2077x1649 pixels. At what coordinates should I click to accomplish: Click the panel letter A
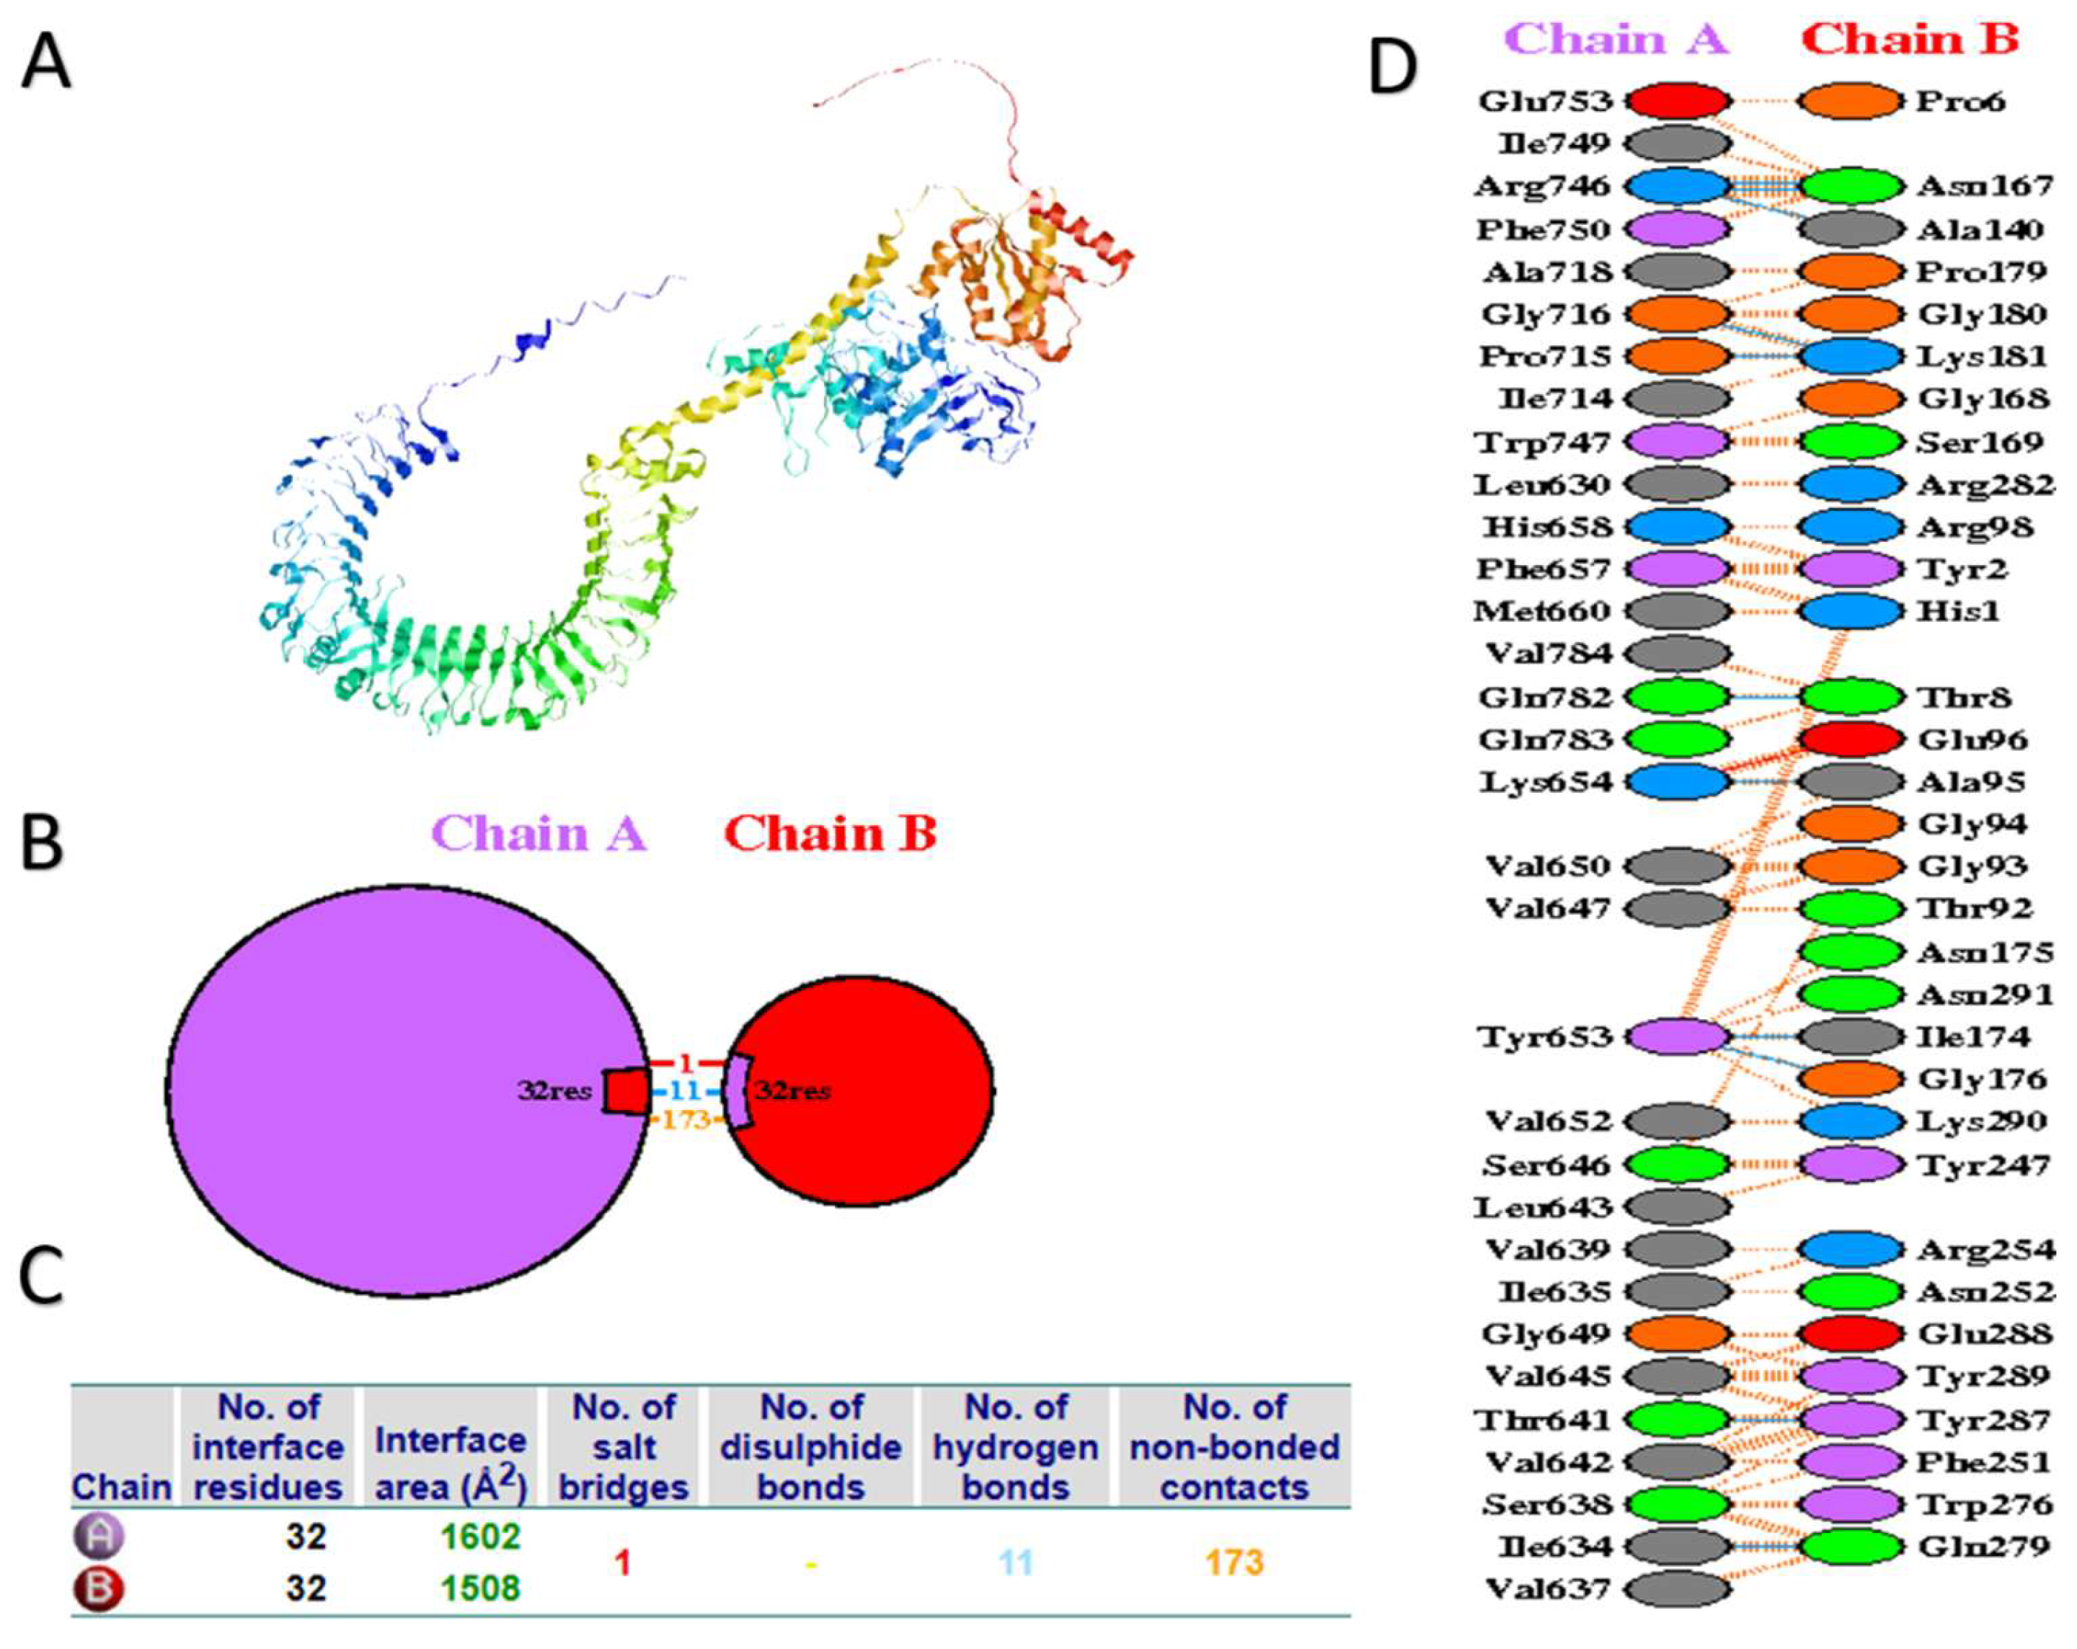(46, 61)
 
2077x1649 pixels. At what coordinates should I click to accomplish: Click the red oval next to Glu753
(1678, 100)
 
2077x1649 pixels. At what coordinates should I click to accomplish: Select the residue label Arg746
(1541, 186)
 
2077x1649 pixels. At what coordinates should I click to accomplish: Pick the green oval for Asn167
(1850, 186)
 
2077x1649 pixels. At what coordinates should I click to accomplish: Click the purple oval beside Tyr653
(1678, 1036)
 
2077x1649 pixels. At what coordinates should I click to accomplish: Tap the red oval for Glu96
(1850, 739)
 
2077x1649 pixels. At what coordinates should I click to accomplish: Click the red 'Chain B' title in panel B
(830, 834)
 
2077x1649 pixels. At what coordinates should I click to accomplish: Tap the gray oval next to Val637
(1678, 1588)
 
